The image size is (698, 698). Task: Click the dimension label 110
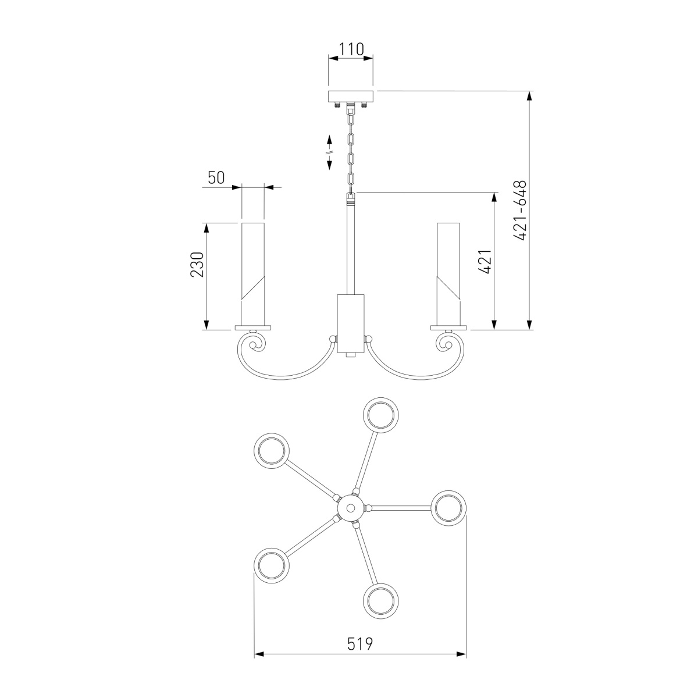pos(351,49)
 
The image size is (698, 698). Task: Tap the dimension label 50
pos(216,178)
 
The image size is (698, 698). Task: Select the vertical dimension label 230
pos(197,265)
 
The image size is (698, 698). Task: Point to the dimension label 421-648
pos(520,211)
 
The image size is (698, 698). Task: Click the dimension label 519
pos(360,644)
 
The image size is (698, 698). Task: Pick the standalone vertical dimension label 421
pos(485,262)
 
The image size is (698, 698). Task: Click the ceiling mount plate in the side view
pos(351,96)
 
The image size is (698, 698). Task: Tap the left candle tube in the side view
pos(253,274)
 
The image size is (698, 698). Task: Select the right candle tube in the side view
pos(448,274)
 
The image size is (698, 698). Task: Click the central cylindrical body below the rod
pos(351,323)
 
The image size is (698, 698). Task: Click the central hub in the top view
pos(350,508)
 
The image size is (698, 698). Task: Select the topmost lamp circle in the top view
pos(380,415)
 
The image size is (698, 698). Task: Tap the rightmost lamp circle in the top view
pos(448,508)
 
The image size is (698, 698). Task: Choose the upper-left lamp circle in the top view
pos(271,451)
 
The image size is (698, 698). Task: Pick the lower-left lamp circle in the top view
pos(271,566)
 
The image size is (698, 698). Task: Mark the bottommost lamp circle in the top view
pos(380,601)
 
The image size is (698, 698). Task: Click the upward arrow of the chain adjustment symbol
pos(330,141)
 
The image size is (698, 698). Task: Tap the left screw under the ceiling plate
pos(337,105)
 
